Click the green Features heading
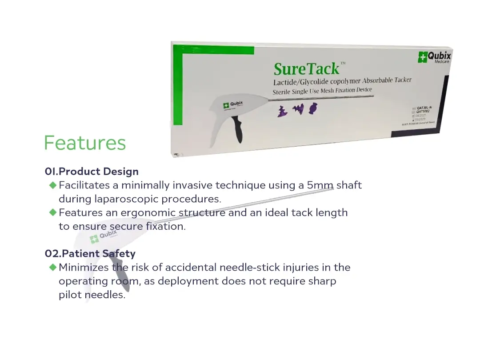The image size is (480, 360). coord(85,143)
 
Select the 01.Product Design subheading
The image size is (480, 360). coord(92,172)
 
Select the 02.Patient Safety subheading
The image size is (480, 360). coord(90,254)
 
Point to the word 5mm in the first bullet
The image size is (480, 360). coord(320,185)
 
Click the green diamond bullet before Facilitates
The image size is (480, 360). coord(53,185)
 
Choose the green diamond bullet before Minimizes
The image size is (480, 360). coord(53,267)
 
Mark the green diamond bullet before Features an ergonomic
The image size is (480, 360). coord(53,212)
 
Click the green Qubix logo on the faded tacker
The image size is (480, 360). coord(103,236)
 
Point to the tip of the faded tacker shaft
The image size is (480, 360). coord(332,189)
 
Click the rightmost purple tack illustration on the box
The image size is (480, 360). coord(313,108)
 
